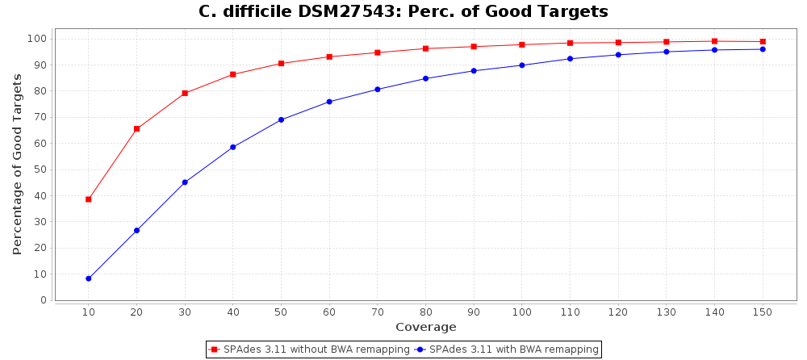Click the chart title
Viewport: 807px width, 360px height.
pos(403,12)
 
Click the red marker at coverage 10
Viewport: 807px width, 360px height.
pos(89,199)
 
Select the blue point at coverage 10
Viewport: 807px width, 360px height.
pos(89,278)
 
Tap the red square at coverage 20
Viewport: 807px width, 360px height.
pos(136,129)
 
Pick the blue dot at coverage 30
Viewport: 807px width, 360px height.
pos(185,182)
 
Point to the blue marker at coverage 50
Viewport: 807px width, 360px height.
pos(281,119)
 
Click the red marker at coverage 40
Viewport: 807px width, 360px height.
pos(233,74)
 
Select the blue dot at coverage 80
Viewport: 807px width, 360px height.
pos(425,78)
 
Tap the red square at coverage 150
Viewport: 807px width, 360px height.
pos(763,42)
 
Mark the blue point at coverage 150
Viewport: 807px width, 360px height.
pos(763,49)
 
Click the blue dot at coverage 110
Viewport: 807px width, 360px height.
pos(570,59)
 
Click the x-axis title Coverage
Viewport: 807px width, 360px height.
pos(425,327)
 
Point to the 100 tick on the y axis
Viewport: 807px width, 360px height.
pos(39,39)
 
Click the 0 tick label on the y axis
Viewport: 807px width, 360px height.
pos(44,300)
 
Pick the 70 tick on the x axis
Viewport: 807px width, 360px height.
pos(377,312)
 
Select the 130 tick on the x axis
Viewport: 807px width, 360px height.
pos(666,312)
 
